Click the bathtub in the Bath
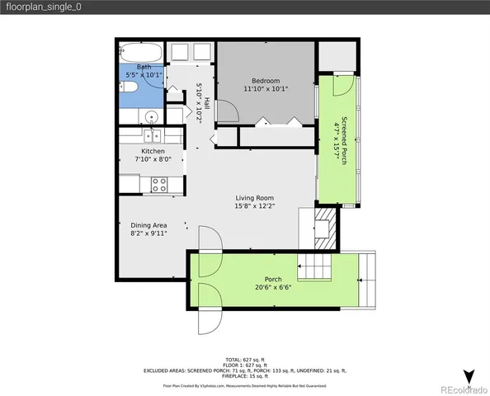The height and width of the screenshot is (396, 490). click(x=141, y=53)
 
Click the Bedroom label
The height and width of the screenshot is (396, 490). click(x=266, y=80)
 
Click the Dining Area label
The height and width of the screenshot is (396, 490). click(x=149, y=224)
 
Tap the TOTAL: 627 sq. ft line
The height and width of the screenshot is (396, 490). click(x=245, y=359)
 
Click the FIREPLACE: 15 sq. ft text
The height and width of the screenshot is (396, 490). click(x=245, y=376)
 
